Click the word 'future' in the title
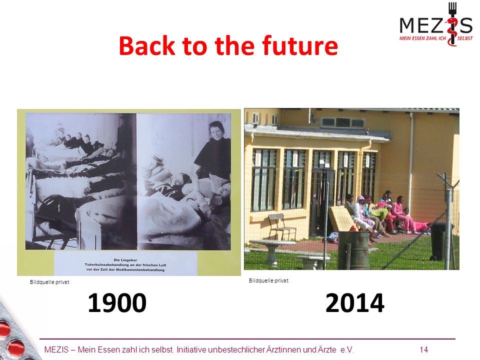tap(300, 45)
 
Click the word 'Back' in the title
tap(147, 45)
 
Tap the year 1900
tap(117, 303)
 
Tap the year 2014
tap(355, 303)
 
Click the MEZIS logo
tap(436, 24)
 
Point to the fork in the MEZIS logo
tap(452, 23)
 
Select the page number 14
tap(424, 349)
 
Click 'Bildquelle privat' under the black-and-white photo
tap(49, 282)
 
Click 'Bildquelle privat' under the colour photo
tap(268, 280)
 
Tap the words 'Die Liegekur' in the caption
tap(125, 260)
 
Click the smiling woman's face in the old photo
tap(217, 130)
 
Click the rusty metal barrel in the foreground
tap(353, 250)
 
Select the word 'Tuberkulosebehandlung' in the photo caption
tap(107, 265)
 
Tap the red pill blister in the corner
tap(15, 333)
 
